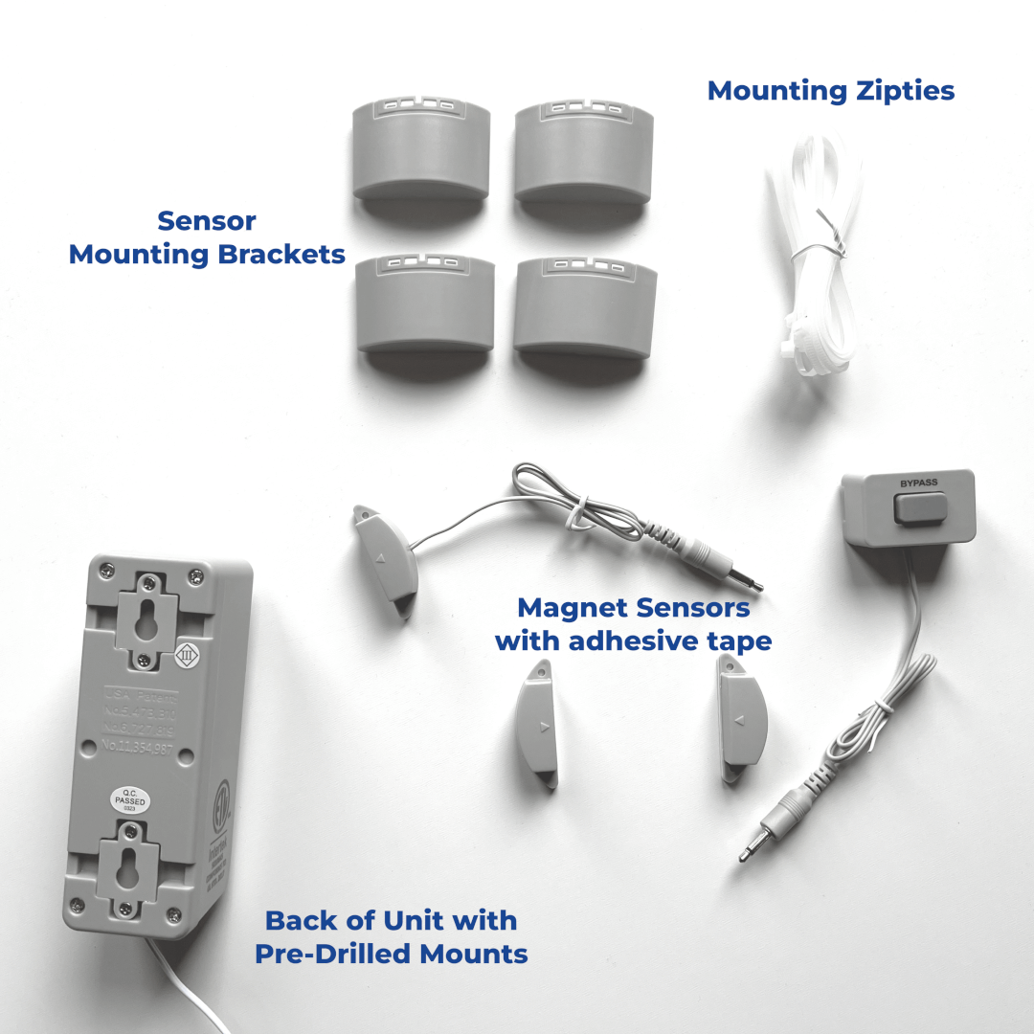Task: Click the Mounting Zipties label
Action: point(830,91)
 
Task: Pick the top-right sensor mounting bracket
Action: point(584,153)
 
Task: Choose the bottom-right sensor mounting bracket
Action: point(585,306)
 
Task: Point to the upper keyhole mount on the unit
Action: point(146,621)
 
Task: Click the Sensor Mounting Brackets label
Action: point(207,237)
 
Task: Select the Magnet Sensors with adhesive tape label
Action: point(633,624)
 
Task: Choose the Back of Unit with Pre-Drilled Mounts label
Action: point(391,936)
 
